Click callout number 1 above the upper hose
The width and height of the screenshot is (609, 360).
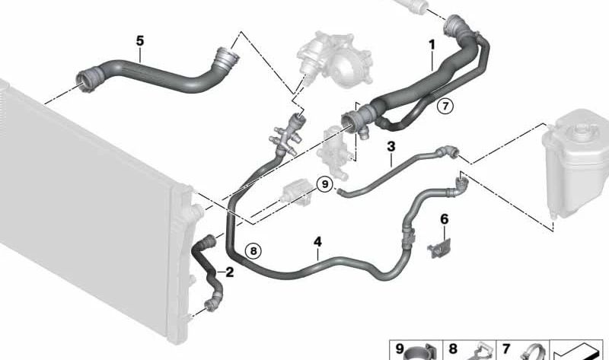pos(432,44)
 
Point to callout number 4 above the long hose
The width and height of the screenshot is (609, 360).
pos(318,242)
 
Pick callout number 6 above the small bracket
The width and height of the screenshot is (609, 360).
pos(445,220)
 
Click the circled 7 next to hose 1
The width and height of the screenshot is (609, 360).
pos(445,107)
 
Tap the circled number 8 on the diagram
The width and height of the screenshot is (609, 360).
pos(253,249)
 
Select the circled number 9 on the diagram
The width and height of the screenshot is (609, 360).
pos(325,183)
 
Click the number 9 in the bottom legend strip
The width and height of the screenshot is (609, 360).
pos(400,349)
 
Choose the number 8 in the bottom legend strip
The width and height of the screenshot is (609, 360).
pos(452,349)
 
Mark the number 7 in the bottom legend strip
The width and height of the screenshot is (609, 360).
pos(505,349)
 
